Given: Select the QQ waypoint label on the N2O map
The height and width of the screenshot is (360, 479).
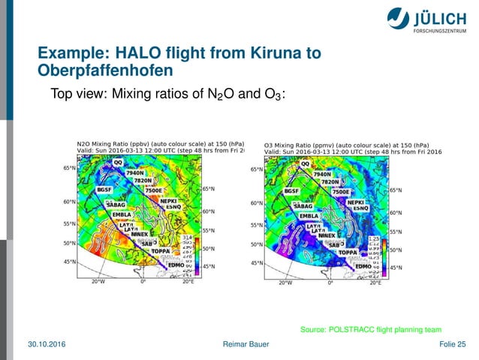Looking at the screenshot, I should pos(118,163).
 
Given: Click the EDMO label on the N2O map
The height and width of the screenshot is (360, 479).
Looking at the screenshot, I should pos(176,265).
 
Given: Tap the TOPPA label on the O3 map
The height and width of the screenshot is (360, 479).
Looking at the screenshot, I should pos(347,253).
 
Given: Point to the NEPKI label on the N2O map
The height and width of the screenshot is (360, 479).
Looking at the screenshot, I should pos(168,201).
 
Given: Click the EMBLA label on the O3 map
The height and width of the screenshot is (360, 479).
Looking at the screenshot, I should pos(309,216).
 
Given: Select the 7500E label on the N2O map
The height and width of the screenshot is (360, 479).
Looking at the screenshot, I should pos(154,191).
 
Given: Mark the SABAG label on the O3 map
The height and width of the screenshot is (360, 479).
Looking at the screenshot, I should pos(303,205).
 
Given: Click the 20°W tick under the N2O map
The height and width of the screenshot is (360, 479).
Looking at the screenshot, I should pos(98,283).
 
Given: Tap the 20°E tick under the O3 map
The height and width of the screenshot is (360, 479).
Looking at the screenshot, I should pos(375,284).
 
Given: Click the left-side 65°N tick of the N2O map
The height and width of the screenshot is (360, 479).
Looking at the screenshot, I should pos(68,168).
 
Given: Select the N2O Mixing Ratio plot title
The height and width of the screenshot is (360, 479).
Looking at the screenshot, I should pos(150,143).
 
